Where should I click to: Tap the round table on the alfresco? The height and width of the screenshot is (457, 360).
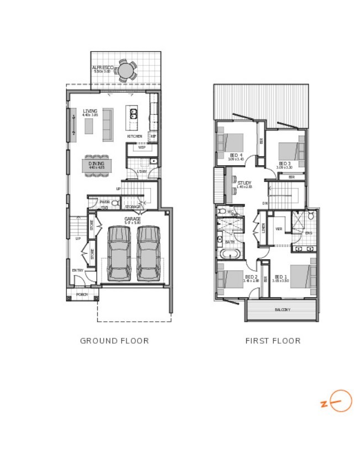click(x=127, y=70)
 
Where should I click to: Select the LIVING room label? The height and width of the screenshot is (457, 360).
click(x=90, y=111)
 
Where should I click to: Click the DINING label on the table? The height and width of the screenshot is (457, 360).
click(x=97, y=163)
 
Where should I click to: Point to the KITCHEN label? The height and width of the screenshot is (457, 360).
click(x=134, y=136)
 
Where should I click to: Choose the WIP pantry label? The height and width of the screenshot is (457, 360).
click(x=141, y=148)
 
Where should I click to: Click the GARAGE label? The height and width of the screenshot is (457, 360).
click(x=132, y=219)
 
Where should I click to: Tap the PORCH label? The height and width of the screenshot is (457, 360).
click(x=82, y=295)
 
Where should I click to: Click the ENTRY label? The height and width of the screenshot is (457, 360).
click(x=78, y=270)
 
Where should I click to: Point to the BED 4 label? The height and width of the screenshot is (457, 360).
click(x=236, y=155)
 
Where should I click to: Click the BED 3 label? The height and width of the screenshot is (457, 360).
click(x=284, y=164)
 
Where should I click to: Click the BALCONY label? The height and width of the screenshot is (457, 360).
click(x=282, y=309)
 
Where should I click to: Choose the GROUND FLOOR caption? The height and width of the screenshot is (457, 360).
click(x=114, y=340)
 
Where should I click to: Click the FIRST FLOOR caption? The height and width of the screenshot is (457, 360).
click(x=273, y=340)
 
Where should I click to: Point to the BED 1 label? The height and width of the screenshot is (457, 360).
click(x=280, y=277)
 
